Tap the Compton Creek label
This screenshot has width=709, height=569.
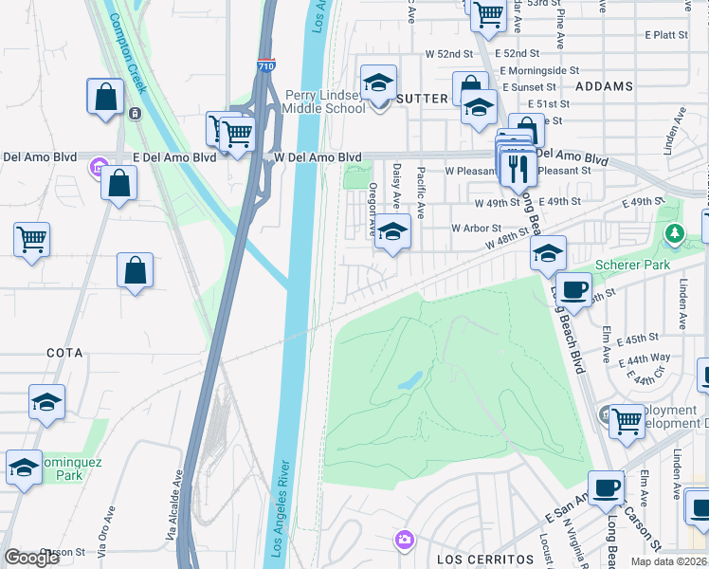point(128,53)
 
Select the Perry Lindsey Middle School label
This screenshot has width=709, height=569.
point(325,101)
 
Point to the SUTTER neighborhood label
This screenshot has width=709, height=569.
point(422,98)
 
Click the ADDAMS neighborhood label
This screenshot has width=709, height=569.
point(604,86)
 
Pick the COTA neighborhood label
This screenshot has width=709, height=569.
point(64,353)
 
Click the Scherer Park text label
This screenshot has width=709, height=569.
point(632,265)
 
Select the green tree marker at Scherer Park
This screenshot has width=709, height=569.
point(674,232)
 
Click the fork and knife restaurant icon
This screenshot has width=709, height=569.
point(517,168)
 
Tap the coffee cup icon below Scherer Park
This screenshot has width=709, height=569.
point(573,289)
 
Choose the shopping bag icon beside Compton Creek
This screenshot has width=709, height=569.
point(105,97)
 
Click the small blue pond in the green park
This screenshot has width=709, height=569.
point(409,380)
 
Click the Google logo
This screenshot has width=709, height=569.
point(31,558)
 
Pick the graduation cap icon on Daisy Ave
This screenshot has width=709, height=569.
point(391,231)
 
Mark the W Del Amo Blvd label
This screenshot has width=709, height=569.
point(318,157)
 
